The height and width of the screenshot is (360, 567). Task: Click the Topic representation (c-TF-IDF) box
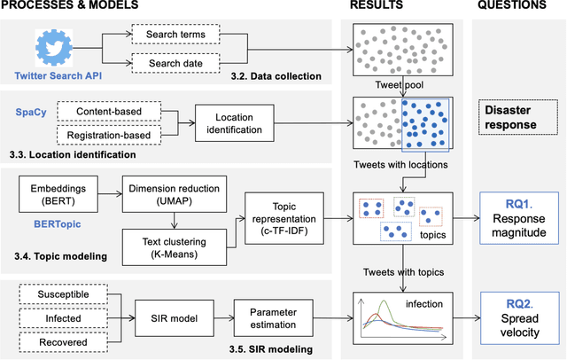pos(282,216)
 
